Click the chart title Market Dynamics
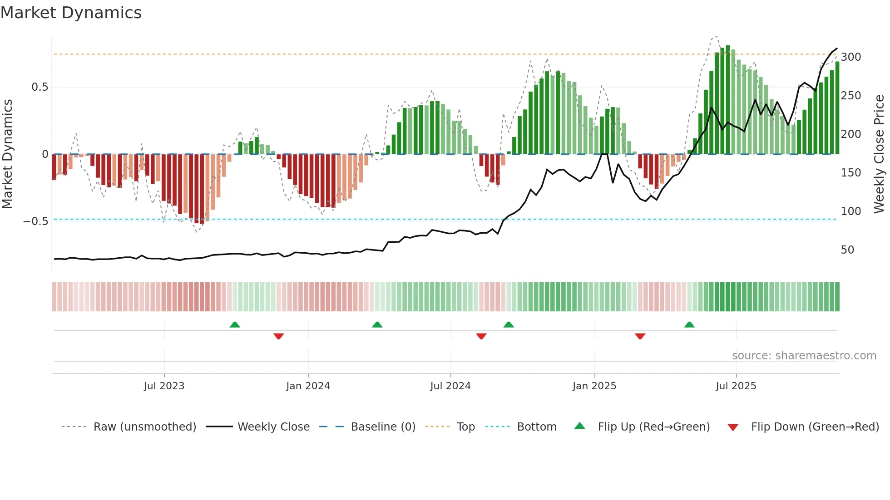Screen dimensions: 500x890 (71, 13)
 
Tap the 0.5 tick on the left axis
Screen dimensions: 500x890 (40, 87)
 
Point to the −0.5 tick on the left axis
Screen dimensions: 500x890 (36, 221)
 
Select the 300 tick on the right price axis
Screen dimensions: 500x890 (850, 57)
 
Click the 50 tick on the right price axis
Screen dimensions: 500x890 (847, 250)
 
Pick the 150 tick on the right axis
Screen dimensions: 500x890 (850, 173)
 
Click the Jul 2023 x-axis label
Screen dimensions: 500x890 (164, 386)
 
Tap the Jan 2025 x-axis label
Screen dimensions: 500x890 (594, 386)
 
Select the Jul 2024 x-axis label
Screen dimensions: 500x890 (450, 386)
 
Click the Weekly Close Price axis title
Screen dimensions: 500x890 (879, 154)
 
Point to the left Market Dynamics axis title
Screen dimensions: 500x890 (7, 154)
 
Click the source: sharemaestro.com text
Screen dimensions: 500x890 (804, 356)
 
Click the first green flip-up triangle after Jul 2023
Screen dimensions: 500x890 (235, 324)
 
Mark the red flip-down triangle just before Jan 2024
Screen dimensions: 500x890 (279, 336)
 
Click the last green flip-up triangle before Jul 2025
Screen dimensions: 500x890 (689, 324)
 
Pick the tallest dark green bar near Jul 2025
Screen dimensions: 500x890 (728, 100)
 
